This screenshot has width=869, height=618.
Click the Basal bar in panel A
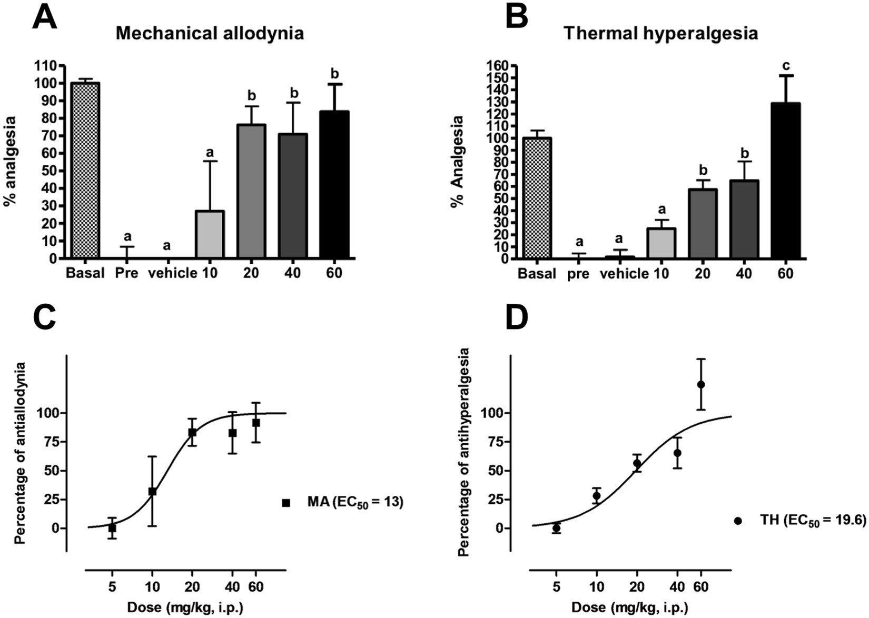[x=85, y=171]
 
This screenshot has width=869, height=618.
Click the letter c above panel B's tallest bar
[x=786, y=66]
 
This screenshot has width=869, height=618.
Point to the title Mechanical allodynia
[x=210, y=34]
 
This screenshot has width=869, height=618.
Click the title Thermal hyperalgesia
[x=660, y=34]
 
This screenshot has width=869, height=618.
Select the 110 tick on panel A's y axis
[x=46, y=66]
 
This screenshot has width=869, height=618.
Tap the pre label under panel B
[x=578, y=274]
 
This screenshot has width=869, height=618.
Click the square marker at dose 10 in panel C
[x=152, y=491]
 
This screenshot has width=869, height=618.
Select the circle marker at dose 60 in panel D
[x=701, y=384]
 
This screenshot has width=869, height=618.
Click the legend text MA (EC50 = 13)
[x=355, y=503]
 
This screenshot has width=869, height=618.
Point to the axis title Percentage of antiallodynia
[x=20, y=453]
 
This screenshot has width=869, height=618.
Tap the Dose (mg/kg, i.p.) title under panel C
[x=185, y=608]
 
